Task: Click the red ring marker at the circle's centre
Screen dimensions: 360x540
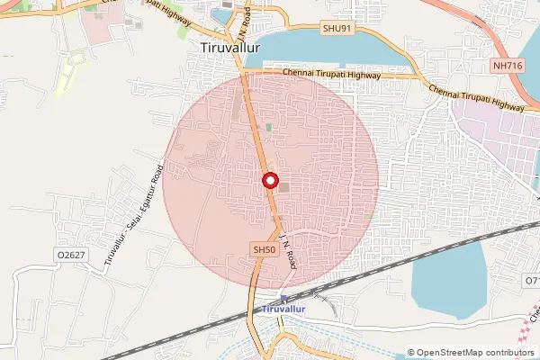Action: point(269,181)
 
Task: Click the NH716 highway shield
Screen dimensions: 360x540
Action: point(508,67)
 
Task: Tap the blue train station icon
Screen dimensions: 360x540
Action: point(284,298)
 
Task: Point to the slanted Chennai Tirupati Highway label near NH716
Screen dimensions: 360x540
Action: point(476,97)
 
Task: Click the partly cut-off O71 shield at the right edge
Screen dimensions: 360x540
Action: point(532,282)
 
